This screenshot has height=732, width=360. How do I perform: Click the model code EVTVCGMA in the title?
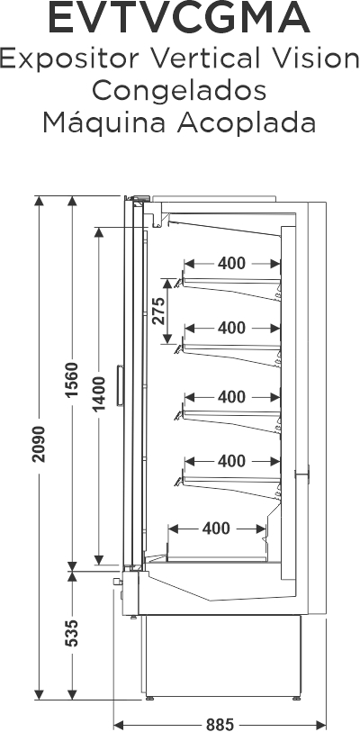tap(179, 18)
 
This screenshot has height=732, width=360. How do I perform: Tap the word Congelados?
tap(179, 92)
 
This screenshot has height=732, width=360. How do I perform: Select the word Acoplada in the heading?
tap(246, 122)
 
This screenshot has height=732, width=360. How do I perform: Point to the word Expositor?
tap(69, 59)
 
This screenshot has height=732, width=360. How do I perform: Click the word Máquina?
tap(104, 123)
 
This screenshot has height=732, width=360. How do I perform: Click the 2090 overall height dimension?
tap(39, 444)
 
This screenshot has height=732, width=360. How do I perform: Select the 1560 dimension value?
tap(72, 380)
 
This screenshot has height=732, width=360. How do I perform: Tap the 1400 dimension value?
tap(98, 393)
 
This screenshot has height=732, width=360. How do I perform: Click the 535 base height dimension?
tap(72, 633)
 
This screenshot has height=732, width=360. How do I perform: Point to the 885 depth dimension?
tap(220, 724)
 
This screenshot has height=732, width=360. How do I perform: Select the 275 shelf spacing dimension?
tap(158, 311)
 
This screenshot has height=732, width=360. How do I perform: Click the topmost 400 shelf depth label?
tap(231, 264)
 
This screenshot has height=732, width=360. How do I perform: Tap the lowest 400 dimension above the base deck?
tap(216, 529)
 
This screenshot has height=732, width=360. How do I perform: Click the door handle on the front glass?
tap(120, 385)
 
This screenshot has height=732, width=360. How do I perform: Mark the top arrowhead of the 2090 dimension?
tap(39, 201)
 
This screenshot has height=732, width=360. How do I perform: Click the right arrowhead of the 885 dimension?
tap(321, 726)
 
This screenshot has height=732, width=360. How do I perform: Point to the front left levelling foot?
tap(150, 699)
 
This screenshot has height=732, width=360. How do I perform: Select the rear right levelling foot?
tap(296, 699)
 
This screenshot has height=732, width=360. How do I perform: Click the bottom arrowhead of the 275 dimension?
tap(167, 339)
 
